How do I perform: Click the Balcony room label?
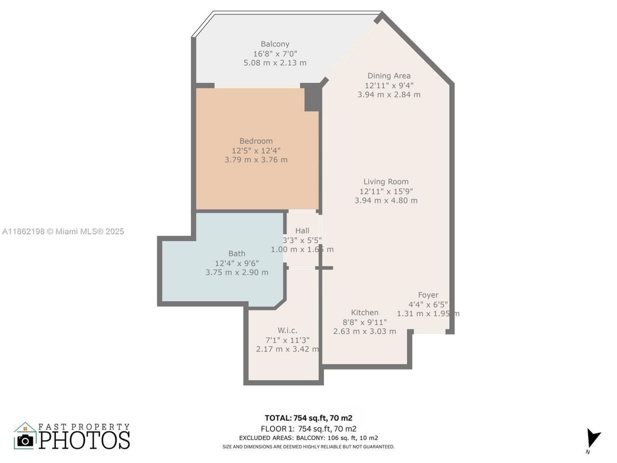point(275,44)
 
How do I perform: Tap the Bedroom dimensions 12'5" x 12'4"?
point(256,150)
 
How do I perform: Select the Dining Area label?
point(389,76)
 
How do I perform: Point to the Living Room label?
point(386,182)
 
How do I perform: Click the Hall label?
point(302,231)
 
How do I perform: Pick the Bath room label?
point(237,254)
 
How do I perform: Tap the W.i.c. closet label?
point(287,331)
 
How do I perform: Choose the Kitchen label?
point(364,313)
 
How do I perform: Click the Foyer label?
point(428,295)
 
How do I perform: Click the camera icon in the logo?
point(25,440)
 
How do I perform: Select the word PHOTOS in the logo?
point(84,440)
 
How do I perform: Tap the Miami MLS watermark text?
point(63,231)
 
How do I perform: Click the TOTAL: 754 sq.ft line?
point(308,418)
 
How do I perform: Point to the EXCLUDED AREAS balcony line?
point(308,438)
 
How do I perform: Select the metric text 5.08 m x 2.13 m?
point(275,63)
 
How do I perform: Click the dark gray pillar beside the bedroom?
point(311,98)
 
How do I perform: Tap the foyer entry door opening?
point(429,331)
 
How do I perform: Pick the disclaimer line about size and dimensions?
point(308,447)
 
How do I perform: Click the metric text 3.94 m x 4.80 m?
point(386,201)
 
